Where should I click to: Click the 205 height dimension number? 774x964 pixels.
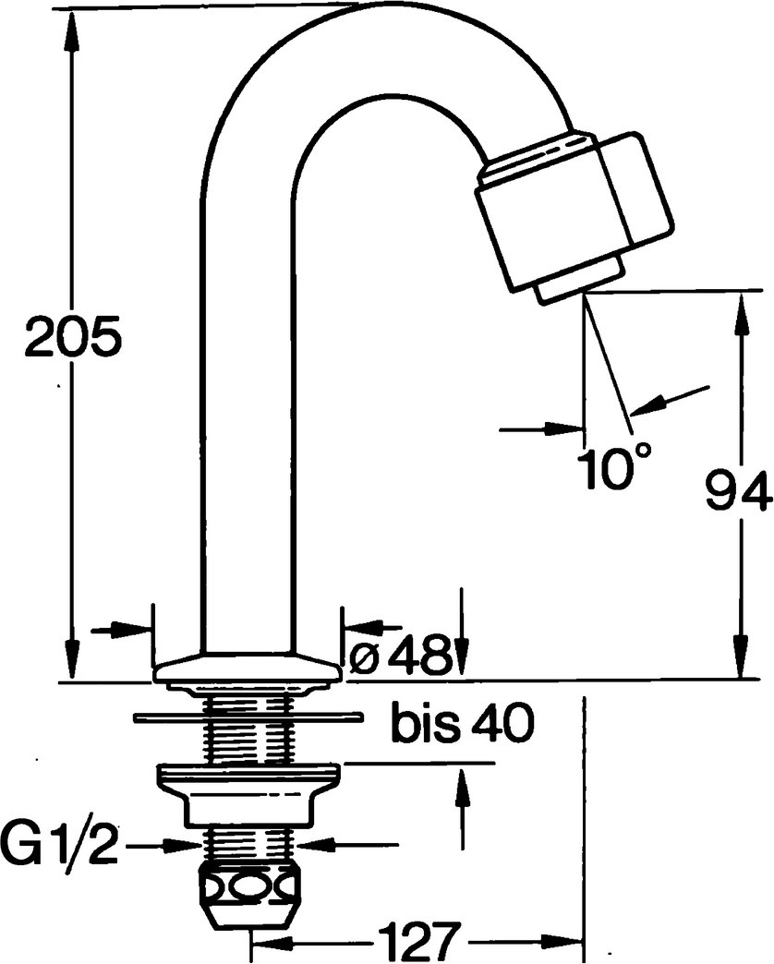pos(73,338)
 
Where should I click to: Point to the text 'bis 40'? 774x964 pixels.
pos(463,726)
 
